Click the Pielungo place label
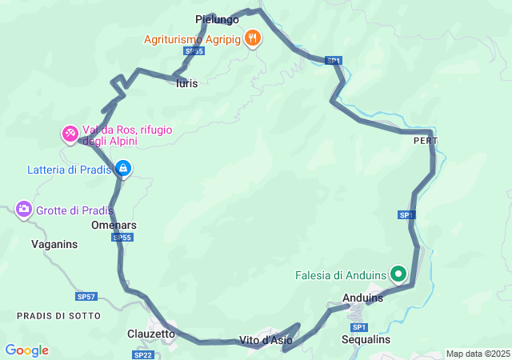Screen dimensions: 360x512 217,18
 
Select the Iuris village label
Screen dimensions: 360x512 186,82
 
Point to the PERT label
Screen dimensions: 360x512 426,140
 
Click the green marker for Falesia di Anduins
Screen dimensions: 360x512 398,274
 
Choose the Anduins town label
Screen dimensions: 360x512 362,298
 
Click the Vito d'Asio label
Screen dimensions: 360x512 266,341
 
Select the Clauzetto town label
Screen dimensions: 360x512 151,334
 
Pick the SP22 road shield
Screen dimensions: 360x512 143,354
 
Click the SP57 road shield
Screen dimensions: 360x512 86,297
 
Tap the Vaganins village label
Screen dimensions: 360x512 54,244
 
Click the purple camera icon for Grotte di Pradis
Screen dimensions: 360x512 24,210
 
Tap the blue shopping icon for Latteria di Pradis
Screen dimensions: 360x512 122,168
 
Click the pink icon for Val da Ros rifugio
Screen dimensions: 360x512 70,132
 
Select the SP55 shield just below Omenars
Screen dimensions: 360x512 122,238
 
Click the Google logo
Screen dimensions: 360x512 26,350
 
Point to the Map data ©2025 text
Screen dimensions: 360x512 478,354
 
